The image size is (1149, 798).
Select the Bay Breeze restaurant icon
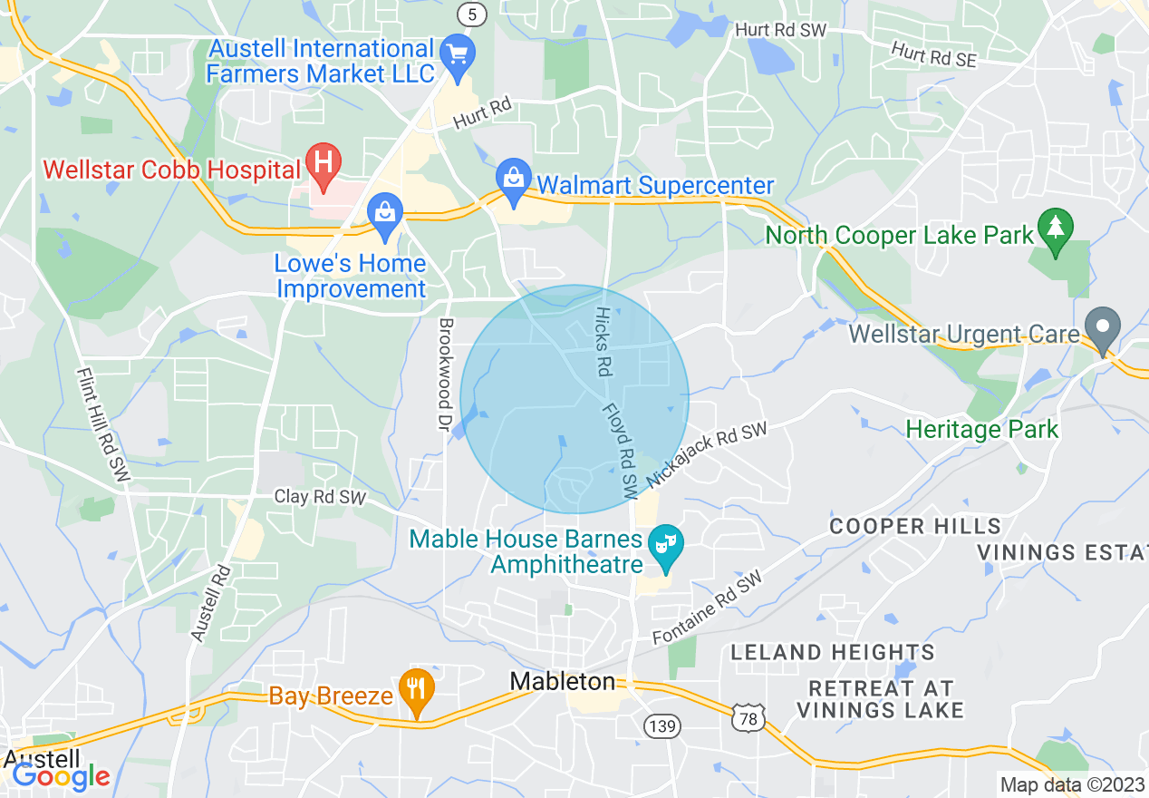416,690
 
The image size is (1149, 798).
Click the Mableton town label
562,681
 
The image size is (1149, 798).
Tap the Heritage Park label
982,429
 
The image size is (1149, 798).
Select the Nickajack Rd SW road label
706,455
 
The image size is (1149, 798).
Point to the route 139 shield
662,725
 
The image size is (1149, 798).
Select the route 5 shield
470,14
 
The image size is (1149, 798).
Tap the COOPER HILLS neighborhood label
915,527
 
